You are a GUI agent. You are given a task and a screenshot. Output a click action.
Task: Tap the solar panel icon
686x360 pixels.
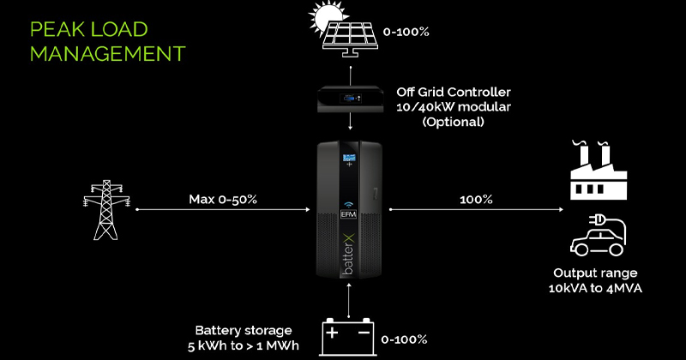click(348, 36)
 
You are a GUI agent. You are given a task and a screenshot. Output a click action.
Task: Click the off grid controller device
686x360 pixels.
click(350, 99)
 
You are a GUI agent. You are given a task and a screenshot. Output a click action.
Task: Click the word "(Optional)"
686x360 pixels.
click(453, 123)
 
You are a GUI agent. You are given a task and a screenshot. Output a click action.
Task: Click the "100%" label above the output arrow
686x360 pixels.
click(476, 199)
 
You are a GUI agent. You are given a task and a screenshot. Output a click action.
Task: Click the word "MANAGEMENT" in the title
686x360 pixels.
click(107, 53)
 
